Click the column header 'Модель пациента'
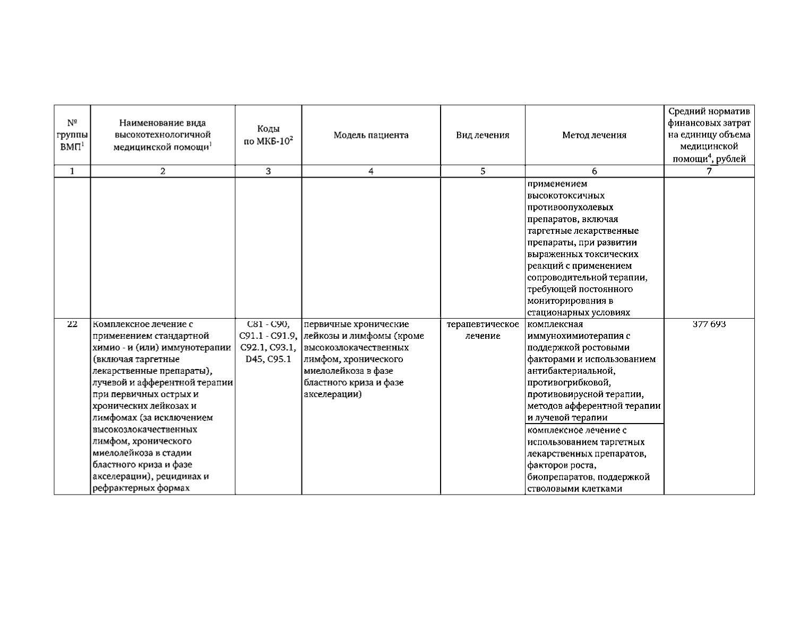371,135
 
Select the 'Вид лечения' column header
483,135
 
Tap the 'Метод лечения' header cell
594,135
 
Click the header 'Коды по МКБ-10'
268,135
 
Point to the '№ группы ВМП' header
72,135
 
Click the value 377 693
709,324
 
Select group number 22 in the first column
72,324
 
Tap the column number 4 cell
371,171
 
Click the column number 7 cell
709,171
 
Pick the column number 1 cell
72,171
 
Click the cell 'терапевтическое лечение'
483,330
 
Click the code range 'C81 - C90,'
268,324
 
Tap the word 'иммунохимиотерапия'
574,336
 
